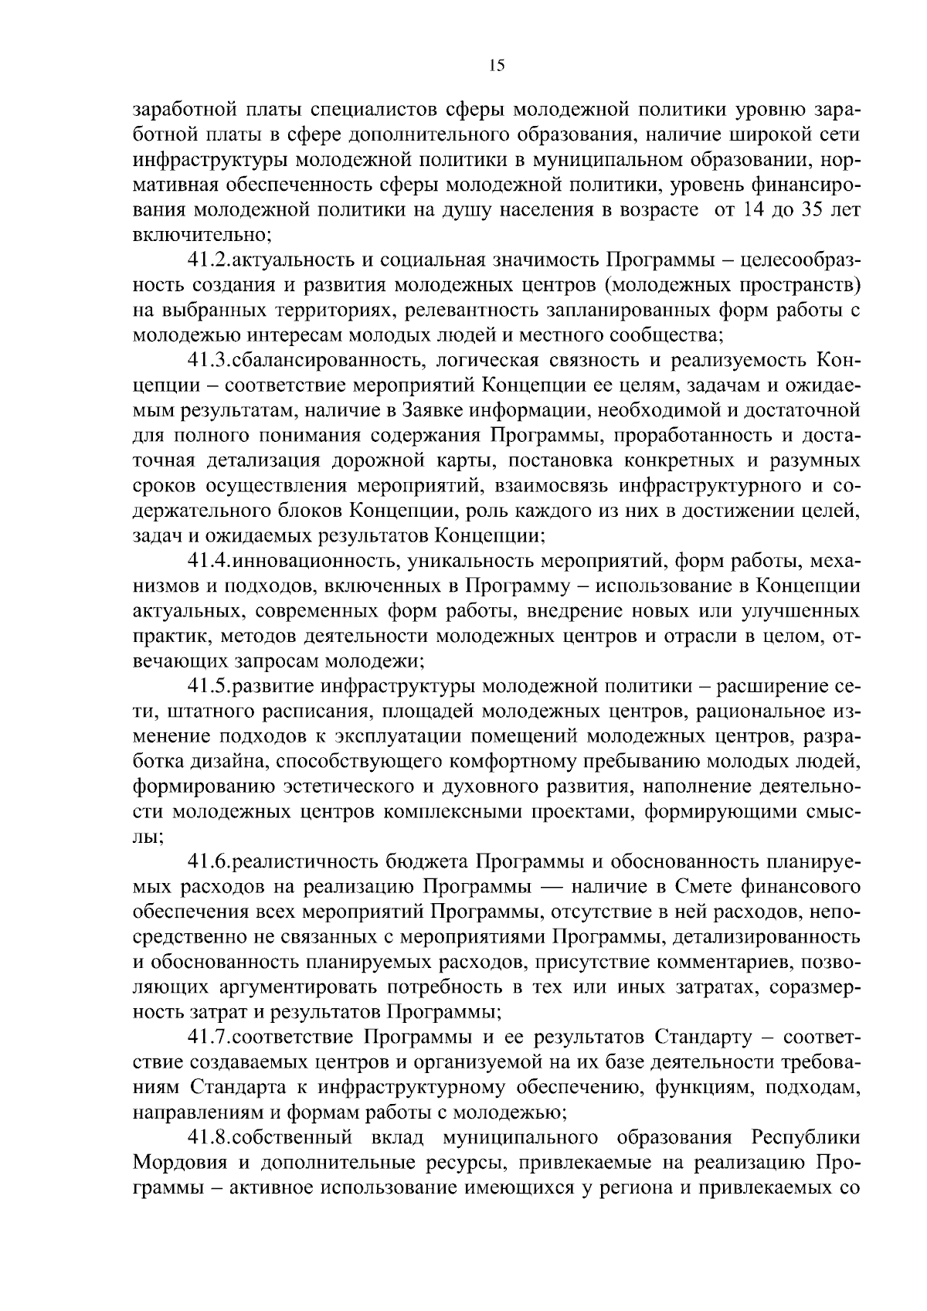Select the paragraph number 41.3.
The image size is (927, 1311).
(x=209, y=360)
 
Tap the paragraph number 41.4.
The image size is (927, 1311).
(x=209, y=561)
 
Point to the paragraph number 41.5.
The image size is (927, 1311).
(x=209, y=686)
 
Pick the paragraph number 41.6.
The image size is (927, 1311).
(x=209, y=861)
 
